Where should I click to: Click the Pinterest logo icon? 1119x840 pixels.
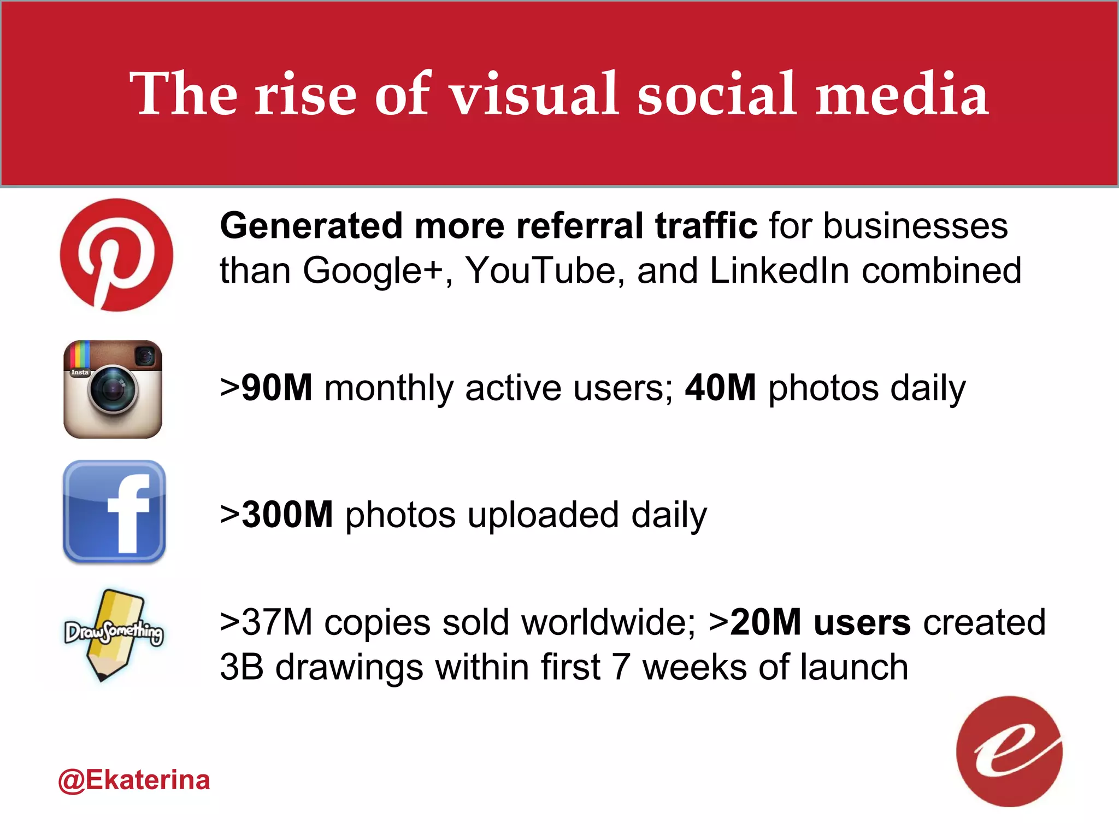pos(116,255)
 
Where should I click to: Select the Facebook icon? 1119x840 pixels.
pos(114,512)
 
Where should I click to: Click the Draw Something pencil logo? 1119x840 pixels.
pos(114,634)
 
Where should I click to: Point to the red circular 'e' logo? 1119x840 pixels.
pos(1009,751)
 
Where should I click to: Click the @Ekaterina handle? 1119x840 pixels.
pos(134,780)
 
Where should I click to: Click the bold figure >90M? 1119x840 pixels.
pos(266,388)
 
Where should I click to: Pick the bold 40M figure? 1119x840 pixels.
pos(720,388)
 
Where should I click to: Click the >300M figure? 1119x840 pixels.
pos(276,515)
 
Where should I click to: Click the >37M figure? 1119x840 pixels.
pos(266,622)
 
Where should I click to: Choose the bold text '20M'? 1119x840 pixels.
pos(765,622)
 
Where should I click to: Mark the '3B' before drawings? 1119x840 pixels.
pos(242,667)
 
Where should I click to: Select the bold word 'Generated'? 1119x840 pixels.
pos(311,226)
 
